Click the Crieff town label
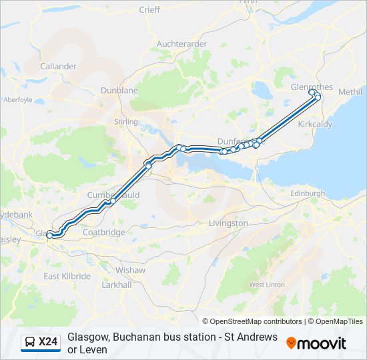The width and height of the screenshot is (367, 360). (149, 10)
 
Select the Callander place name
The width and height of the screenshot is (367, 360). (59, 67)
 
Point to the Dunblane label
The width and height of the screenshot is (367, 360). (119, 90)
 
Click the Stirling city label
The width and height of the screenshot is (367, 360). (126, 122)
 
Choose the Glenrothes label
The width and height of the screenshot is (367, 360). (312, 87)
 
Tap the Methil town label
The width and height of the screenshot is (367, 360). (350, 91)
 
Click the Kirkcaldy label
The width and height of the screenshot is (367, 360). (315, 125)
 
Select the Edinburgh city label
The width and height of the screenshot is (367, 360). (307, 193)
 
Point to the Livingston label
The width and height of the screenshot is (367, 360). (228, 223)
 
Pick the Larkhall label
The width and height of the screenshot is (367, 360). (117, 285)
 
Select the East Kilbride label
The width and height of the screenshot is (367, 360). (67, 276)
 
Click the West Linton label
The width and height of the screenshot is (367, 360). (267, 285)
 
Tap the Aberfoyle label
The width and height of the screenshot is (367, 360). (18, 100)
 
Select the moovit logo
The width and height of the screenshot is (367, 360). (316, 343)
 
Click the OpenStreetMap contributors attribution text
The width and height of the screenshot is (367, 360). (252, 321)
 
